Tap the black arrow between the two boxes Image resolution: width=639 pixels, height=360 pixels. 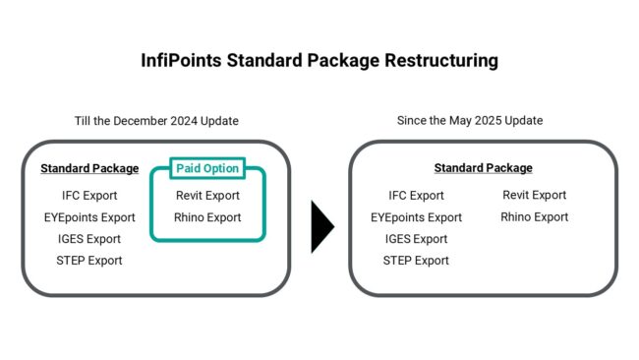tap(322, 227)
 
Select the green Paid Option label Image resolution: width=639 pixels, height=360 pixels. tap(207, 168)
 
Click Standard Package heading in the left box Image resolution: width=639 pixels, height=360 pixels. tap(89, 168)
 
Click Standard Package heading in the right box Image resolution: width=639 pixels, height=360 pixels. tap(483, 168)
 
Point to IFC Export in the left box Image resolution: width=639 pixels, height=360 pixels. tap(89, 196)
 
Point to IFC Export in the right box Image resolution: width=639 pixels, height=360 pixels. tap(416, 196)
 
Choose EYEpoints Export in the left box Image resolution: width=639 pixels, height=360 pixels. tap(89, 217)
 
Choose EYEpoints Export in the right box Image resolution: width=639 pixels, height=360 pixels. tap(416, 217)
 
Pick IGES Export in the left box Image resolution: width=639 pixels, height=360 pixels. tap(89, 239)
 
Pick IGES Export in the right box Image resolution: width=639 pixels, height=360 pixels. tap(416, 239)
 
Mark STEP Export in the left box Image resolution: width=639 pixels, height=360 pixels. tap(89, 261)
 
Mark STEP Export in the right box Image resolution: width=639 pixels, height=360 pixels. tap(416, 261)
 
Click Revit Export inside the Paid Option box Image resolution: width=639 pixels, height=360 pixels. tap(207, 196)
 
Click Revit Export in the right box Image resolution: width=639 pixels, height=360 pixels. tap(534, 195)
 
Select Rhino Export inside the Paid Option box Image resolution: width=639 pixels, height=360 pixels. tap(207, 217)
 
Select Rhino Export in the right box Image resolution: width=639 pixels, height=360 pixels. tap(534, 216)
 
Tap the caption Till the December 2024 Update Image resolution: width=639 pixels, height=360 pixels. tap(156, 121)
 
